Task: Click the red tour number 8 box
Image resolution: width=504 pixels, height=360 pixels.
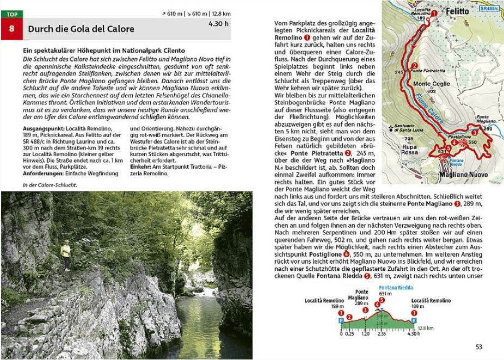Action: (11, 29)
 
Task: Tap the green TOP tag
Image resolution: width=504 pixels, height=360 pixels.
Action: (11, 14)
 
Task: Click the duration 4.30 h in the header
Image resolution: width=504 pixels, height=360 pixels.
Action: (218, 24)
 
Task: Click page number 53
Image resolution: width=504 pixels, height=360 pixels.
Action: (479, 347)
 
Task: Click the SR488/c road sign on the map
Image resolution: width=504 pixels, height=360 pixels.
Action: (489, 9)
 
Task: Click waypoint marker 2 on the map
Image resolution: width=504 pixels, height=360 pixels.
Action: (415, 65)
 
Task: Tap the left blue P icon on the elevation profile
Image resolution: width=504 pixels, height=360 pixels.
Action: (341, 321)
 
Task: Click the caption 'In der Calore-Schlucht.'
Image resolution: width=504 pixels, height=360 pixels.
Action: (50, 185)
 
